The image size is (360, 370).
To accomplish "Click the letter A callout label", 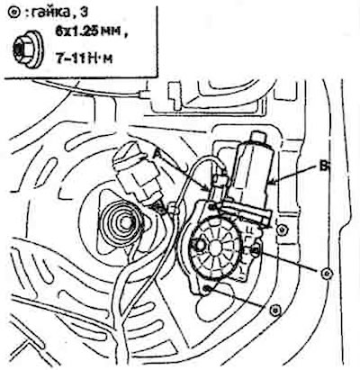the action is coord(157,154).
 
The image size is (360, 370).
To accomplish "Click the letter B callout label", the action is coord(323,167).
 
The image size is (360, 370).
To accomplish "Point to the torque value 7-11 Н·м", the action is coord(84,58).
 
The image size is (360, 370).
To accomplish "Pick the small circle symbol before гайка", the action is coord(13,14).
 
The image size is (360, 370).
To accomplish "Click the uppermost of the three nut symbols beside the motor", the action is coord(282,230).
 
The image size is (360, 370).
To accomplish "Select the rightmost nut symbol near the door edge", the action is coord(327,274).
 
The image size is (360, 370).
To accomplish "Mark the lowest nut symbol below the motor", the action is coord(274,310).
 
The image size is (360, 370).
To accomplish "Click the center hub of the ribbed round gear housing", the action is coord(216,247).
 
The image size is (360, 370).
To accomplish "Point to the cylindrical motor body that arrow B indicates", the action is coord(254,171).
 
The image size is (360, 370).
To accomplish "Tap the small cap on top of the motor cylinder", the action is coord(259,137).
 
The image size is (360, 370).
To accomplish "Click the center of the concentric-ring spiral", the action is coord(124,222).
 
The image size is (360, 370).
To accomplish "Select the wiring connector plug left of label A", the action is coord(137,175).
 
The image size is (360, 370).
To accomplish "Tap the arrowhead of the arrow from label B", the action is coord(271,182).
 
